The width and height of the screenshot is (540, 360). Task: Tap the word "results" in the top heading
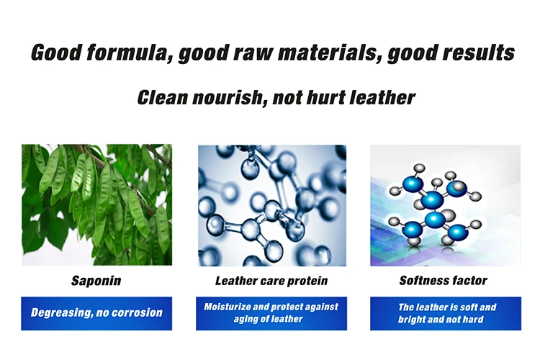pos(479,53)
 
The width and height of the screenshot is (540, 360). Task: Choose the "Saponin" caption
pos(96,281)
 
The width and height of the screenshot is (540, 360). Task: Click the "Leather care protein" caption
pos(271,281)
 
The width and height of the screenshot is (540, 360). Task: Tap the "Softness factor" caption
pos(444,280)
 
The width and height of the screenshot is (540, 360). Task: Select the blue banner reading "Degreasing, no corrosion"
pos(96,313)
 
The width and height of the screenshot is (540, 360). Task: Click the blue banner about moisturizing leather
pos(271,313)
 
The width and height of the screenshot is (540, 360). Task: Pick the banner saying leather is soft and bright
pos(446,313)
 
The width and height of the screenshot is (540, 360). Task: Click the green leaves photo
pos(96,204)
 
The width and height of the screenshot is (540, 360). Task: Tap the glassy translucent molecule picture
pos(272,205)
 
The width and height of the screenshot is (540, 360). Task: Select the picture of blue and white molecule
pos(445,205)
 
